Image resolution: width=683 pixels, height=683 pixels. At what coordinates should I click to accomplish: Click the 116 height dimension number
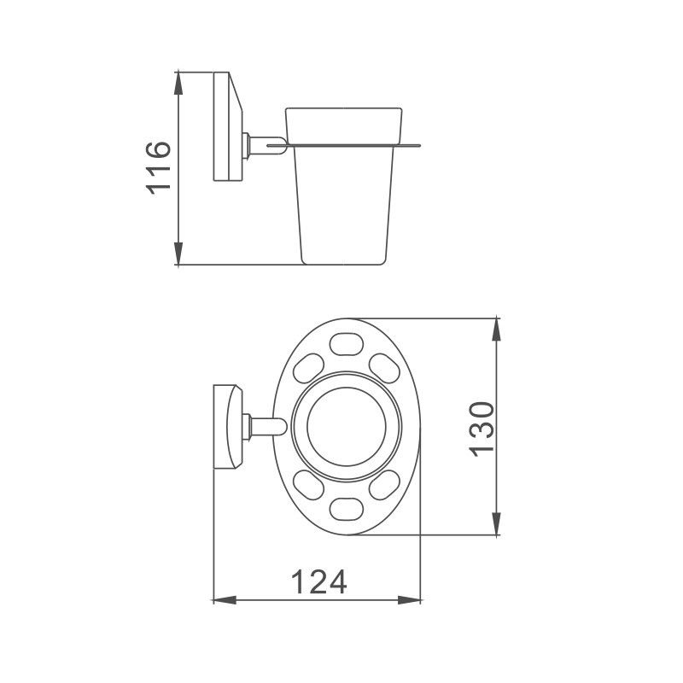pyautogui.click(x=160, y=169)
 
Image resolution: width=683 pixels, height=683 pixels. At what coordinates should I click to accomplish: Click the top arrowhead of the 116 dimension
pyautogui.click(x=179, y=79)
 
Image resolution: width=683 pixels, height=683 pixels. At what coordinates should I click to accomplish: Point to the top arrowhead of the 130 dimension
pyautogui.click(x=497, y=327)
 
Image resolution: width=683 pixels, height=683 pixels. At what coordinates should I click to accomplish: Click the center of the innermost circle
pyautogui.click(x=346, y=427)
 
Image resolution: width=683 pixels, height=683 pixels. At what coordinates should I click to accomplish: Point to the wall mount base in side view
pyautogui.click(x=225, y=128)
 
